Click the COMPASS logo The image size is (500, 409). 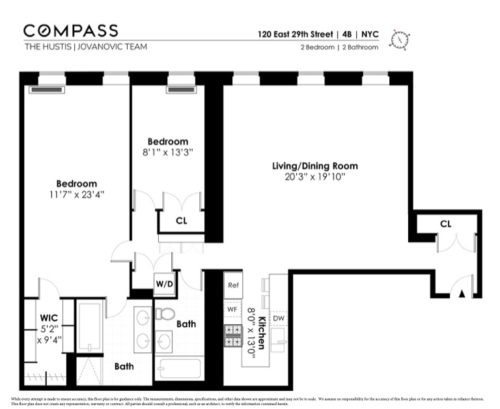point(71,31)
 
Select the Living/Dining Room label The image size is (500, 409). point(314,166)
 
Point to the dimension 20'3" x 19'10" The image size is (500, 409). point(314,176)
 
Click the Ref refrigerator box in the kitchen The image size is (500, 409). point(233,285)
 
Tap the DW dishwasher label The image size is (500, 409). point(279,318)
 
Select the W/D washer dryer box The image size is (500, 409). point(163,284)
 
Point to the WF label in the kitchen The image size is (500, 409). point(232,309)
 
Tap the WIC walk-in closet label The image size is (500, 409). point(49,318)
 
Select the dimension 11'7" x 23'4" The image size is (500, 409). point(76,194)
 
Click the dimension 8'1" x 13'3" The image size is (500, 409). point(167,152)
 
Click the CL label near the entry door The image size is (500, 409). point(445,224)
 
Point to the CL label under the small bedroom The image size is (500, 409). point(181,221)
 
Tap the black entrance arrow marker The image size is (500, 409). point(462,294)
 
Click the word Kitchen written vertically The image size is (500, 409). point(260,331)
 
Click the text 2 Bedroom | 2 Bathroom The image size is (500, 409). point(339,48)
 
